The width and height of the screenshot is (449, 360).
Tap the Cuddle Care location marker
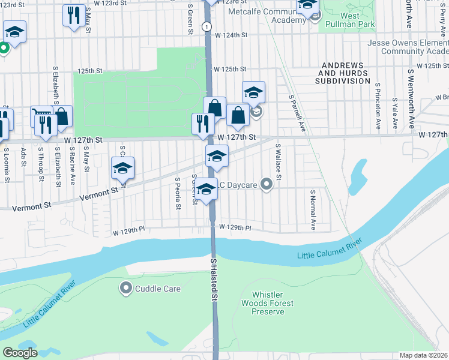(x=126, y=289)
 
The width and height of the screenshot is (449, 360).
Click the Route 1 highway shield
(x=206, y=26)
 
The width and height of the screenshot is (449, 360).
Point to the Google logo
(x=20, y=353)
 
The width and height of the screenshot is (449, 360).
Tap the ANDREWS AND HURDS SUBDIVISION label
(x=346, y=73)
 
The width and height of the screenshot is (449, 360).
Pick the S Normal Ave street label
(x=313, y=210)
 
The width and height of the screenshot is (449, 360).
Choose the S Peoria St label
(x=178, y=193)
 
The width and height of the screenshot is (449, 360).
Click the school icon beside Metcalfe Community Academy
(x=307, y=7)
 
